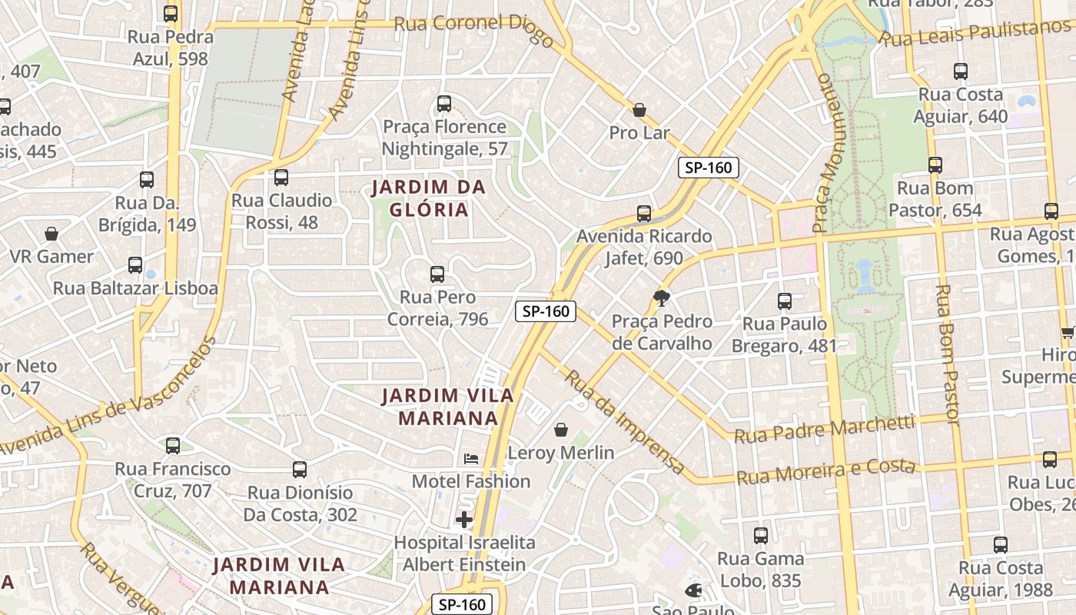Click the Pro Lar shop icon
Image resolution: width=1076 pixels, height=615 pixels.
pyautogui.click(x=639, y=110)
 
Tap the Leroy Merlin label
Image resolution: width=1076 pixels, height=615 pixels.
pyautogui.click(x=561, y=453)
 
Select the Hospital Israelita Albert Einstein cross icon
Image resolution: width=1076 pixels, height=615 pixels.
pyautogui.click(x=463, y=520)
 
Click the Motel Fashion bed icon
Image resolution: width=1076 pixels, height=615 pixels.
pyautogui.click(x=471, y=459)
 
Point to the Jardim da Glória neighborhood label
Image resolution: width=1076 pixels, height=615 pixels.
pyautogui.click(x=428, y=198)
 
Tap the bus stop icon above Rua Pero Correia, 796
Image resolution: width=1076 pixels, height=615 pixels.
pyautogui.click(x=437, y=274)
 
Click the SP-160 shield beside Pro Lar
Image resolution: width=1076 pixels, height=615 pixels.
pyautogui.click(x=708, y=168)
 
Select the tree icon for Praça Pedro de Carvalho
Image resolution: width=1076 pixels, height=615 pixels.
pyautogui.click(x=661, y=298)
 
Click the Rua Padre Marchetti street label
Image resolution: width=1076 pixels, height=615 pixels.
pyautogui.click(x=824, y=429)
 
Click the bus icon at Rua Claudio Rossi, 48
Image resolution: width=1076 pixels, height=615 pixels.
pyautogui.click(x=281, y=178)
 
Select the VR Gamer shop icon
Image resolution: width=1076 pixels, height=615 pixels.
pyautogui.click(x=51, y=233)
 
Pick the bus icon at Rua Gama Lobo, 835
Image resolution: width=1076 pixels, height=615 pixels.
pyautogui.click(x=761, y=536)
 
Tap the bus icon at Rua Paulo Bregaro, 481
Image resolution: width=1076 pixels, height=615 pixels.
pyautogui.click(x=785, y=301)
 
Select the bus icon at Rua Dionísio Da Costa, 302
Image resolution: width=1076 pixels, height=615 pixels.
pyautogui.click(x=300, y=469)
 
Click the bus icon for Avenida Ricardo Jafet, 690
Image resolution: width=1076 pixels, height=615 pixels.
pyautogui.click(x=644, y=213)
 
